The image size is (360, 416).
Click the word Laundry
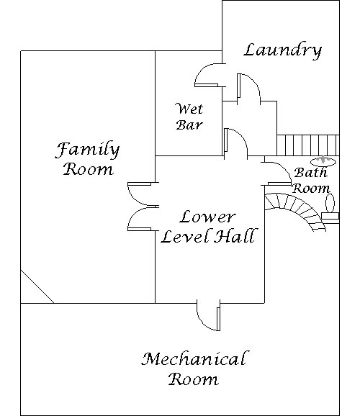click(x=283, y=50)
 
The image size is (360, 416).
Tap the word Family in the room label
click(x=87, y=150)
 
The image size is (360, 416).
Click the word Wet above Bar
click(x=189, y=109)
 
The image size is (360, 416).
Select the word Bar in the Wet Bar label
click(x=189, y=125)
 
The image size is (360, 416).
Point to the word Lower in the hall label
click(x=207, y=217)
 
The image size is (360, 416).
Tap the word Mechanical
click(x=194, y=359)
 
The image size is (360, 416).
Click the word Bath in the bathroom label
click(x=310, y=173)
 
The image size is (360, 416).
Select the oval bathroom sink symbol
click(x=323, y=161)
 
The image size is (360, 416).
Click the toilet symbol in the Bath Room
click(x=330, y=209)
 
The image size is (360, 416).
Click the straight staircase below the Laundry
click(x=308, y=145)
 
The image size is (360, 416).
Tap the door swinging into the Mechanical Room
click(x=209, y=316)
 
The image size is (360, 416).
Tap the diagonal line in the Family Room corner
click(x=37, y=286)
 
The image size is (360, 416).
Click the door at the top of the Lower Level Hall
click(x=235, y=144)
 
